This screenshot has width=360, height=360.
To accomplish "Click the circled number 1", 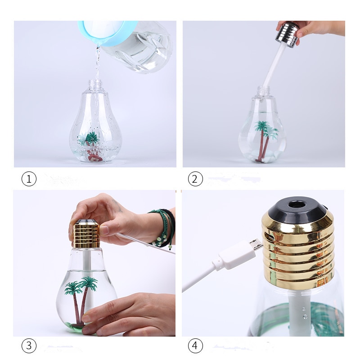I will pyautogui.click(x=29, y=179).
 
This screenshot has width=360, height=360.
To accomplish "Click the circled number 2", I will pyautogui.click(x=195, y=179).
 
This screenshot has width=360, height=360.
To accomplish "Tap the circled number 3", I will pyautogui.click(x=29, y=346).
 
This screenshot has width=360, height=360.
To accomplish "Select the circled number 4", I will pyautogui.click(x=195, y=346).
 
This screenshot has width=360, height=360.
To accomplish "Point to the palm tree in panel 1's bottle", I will pyautogui.click(x=91, y=139).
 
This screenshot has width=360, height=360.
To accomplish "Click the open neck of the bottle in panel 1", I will pyautogui.click(x=95, y=84).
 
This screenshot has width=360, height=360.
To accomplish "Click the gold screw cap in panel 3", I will pyautogui.click(x=85, y=234).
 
